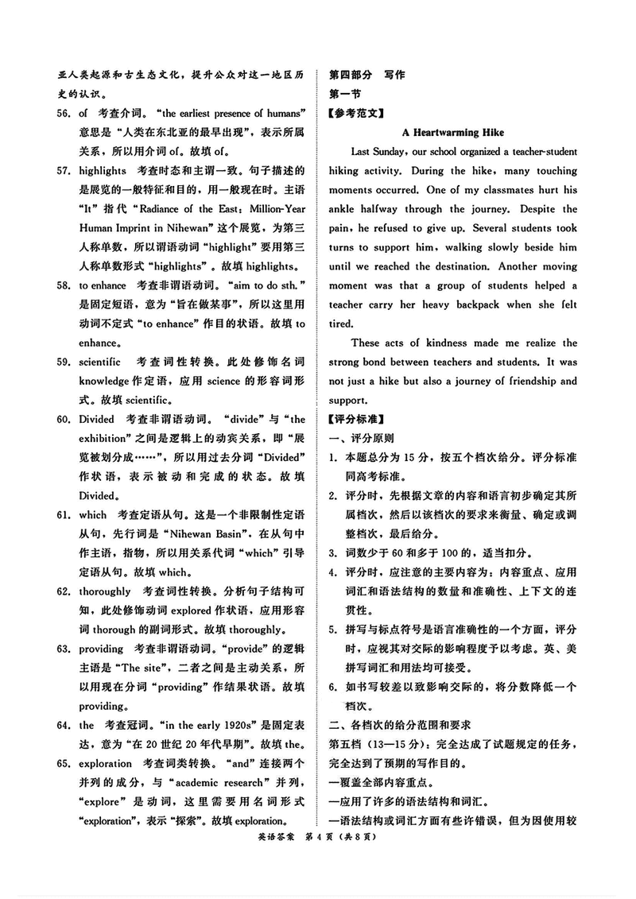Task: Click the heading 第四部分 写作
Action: pos(366,75)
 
